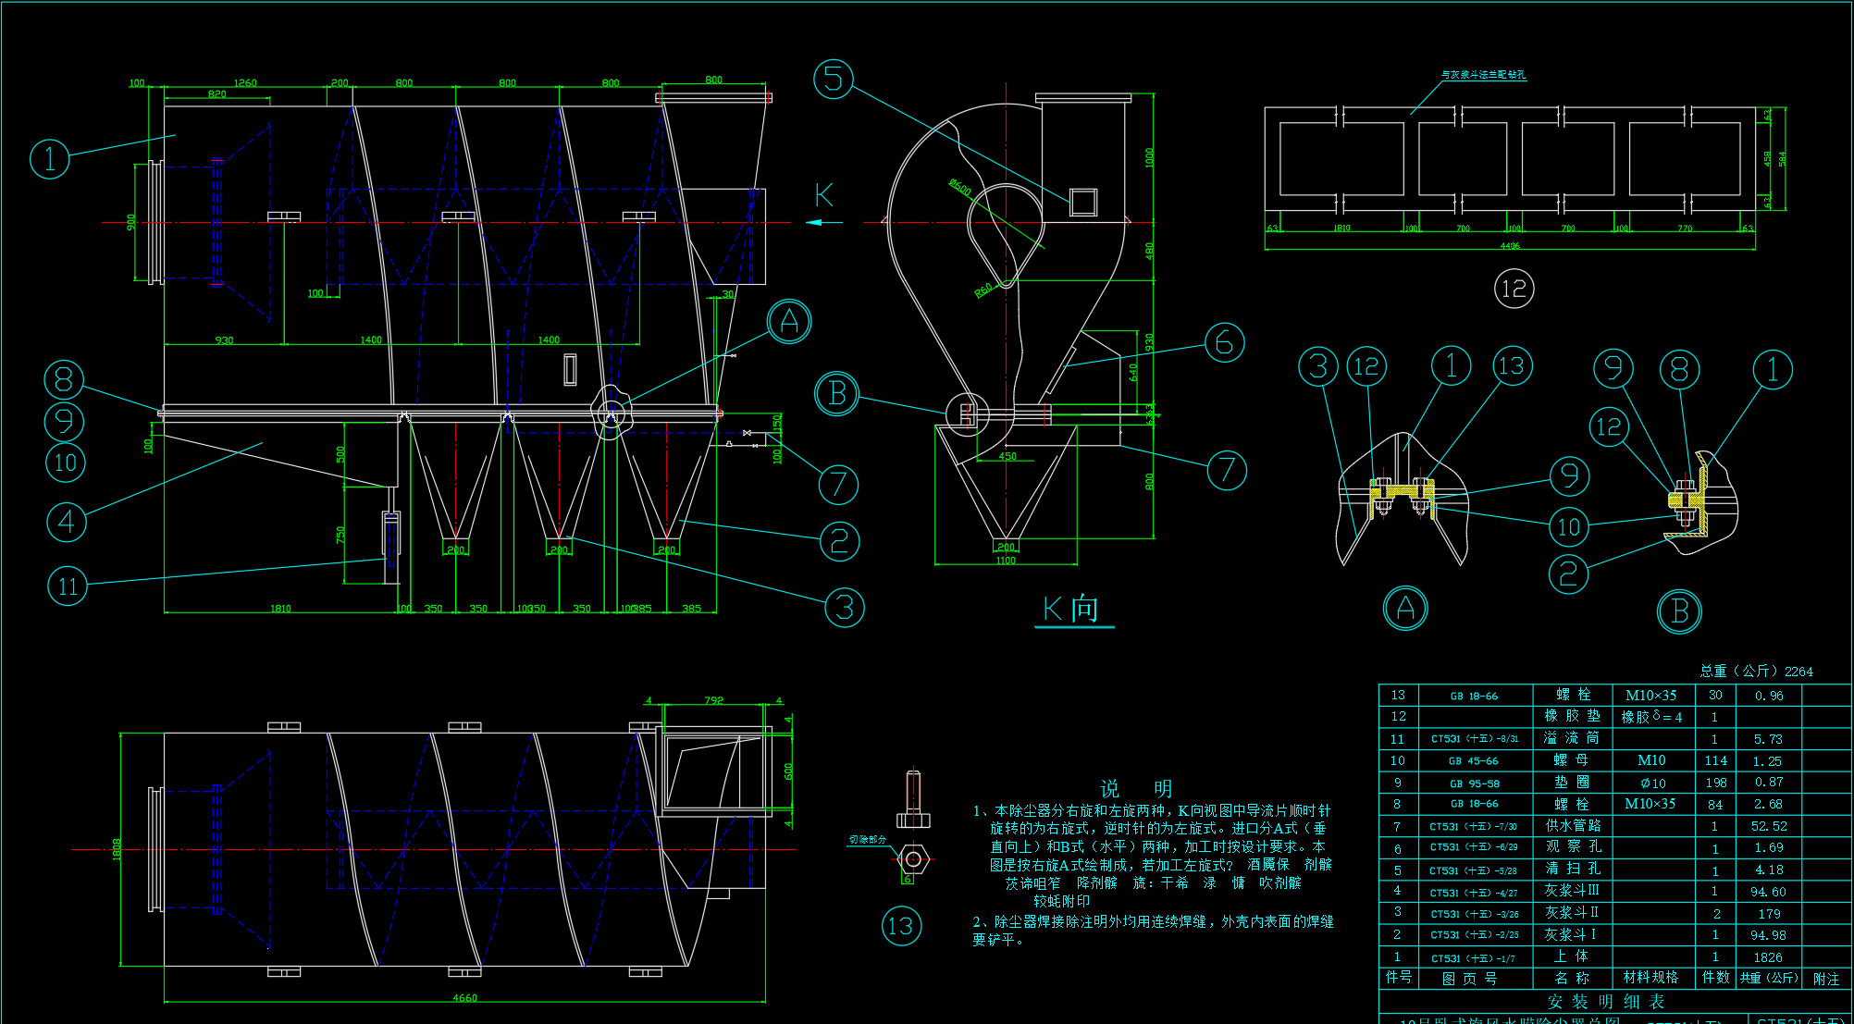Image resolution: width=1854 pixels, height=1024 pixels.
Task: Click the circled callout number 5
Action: click(834, 79)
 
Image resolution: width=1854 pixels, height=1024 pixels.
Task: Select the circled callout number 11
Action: click(68, 586)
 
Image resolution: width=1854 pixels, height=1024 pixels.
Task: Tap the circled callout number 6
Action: click(1224, 342)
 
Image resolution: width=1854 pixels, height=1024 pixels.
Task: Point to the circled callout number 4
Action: click(67, 522)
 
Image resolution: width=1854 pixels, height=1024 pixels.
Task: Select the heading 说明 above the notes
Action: click(1135, 788)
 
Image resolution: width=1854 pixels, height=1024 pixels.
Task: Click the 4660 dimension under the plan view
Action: click(464, 998)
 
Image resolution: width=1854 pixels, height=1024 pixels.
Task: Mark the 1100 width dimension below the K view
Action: click(1006, 561)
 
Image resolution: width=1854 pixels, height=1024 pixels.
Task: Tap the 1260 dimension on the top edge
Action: click(245, 83)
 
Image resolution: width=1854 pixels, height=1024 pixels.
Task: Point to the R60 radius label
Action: click(983, 290)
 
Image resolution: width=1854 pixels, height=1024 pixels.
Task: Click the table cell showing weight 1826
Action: click(1767, 957)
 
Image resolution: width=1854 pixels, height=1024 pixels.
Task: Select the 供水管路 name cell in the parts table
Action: click(1573, 825)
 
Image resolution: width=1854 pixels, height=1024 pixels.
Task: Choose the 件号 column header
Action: click(1398, 978)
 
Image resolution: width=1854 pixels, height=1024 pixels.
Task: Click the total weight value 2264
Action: click(1798, 672)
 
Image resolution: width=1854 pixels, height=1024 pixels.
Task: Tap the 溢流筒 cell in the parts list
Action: click(1573, 738)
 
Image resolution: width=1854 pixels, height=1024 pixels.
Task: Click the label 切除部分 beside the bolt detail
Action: click(868, 840)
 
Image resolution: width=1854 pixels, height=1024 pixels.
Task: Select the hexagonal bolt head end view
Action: click(913, 859)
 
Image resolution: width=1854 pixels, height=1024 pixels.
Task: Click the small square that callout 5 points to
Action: click(1083, 202)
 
